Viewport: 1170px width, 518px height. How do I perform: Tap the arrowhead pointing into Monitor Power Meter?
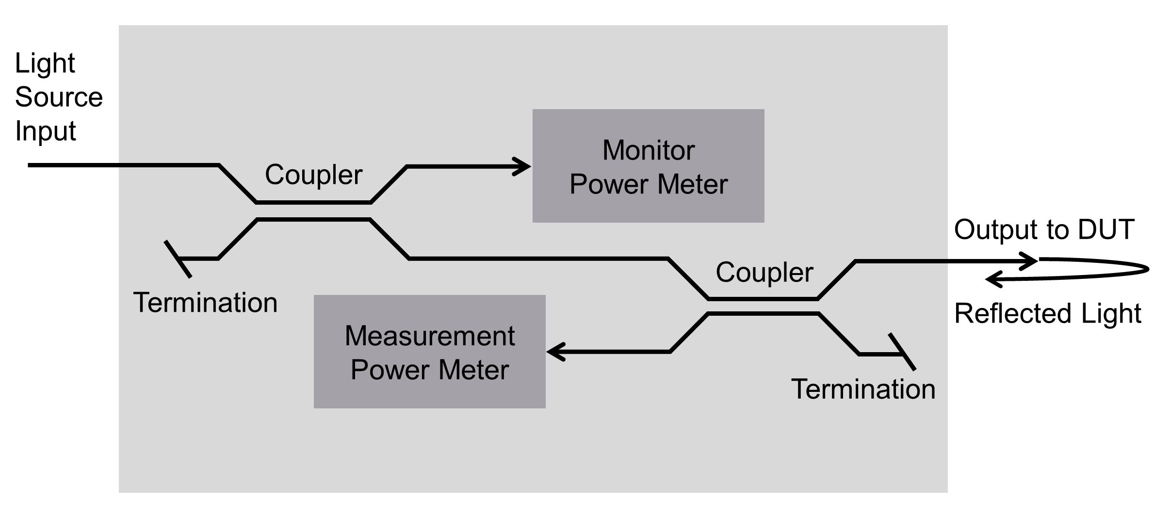coord(524,166)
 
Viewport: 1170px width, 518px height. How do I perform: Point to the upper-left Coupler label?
coord(313,175)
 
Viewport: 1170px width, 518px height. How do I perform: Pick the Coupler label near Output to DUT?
coord(764,273)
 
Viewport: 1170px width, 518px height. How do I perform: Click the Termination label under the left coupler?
coord(205,303)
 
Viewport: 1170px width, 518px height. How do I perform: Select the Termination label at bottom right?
coord(863,389)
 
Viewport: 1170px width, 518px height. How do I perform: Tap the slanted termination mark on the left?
coord(178,259)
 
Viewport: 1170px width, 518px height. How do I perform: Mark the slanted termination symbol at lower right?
coord(902,352)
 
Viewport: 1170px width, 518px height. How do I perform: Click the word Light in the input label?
coord(45,64)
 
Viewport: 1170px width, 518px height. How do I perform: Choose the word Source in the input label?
coord(59,97)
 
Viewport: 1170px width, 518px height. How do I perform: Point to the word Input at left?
coord(45,131)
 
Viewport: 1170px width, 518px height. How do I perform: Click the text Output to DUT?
coord(1044,229)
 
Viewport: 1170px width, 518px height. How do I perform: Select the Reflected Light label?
coord(1047,313)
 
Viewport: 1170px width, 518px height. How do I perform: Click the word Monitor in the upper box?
coord(648,150)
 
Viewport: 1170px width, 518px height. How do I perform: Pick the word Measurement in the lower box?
coord(429,336)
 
